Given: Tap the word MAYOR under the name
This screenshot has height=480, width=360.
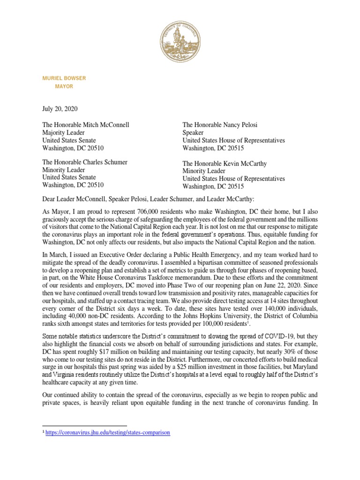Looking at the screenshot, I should coord(64,87).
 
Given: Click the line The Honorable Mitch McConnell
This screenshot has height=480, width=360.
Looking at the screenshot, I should coord(86,125).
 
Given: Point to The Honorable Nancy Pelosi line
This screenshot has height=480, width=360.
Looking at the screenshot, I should coord(220,125).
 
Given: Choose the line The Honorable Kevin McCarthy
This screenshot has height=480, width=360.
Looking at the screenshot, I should coord(225,164).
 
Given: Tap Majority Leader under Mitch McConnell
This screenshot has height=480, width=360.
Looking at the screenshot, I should coord(64,133).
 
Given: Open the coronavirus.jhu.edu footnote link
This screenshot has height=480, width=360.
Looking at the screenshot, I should coord(108,433).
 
